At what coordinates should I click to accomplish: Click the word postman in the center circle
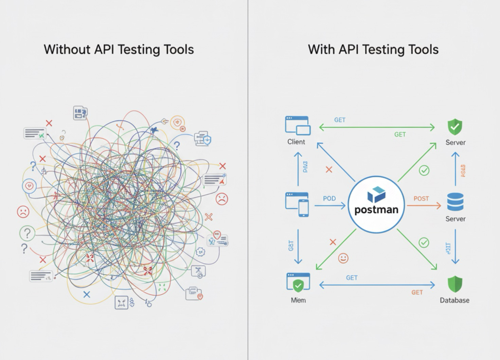[x=376, y=210]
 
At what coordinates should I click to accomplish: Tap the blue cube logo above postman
[x=376, y=194]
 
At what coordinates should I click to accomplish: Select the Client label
[x=296, y=142]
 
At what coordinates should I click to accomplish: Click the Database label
[x=454, y=300]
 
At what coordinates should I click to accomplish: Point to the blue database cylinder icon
[x=455, y=202]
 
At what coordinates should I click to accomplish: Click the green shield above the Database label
[x=455, y=284]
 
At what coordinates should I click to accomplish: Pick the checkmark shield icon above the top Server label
[x=455, y=127]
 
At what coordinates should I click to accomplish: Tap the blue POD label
[x=329, y=198]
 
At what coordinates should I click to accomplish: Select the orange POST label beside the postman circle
[x=421, y=199]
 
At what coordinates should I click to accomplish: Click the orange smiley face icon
[x=343, y=258]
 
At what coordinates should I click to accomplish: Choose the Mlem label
[x=298, y=300]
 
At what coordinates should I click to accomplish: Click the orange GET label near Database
[x=417, y=292]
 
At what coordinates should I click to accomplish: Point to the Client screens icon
[x=298, y=126]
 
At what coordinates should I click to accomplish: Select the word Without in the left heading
[x=67, y=50]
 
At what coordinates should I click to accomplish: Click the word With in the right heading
[x=321, y=50]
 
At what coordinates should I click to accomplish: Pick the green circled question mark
[x=27, y=233]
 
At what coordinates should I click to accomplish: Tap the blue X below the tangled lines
[x=87, y=294]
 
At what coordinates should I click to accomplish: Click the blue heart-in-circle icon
[x=30, y=186]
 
